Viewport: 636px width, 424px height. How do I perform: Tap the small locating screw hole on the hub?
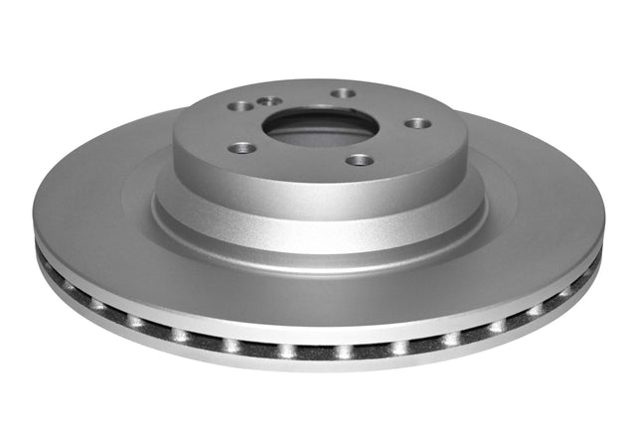click(267, 100)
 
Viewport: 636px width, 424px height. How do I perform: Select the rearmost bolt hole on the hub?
click(344, 93)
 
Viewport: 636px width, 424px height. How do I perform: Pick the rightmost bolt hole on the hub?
click(417, 123)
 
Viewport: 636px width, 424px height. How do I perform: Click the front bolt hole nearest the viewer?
click(361, 160)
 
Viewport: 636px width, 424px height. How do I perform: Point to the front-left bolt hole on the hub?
click(241, 148)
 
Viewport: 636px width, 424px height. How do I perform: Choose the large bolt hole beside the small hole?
click(241, 106)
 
